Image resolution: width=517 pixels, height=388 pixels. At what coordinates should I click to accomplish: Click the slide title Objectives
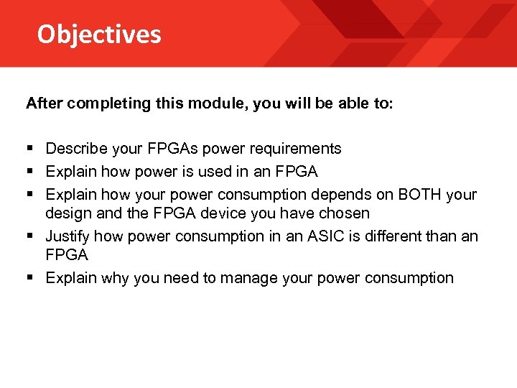point(99,34)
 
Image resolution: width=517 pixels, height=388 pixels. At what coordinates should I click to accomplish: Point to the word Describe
point(75,149)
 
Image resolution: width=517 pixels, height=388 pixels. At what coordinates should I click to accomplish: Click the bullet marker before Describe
point(30,149)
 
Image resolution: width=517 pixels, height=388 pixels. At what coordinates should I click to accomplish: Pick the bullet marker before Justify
point(30,236)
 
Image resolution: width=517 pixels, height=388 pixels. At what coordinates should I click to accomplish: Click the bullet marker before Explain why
point(30,278)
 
